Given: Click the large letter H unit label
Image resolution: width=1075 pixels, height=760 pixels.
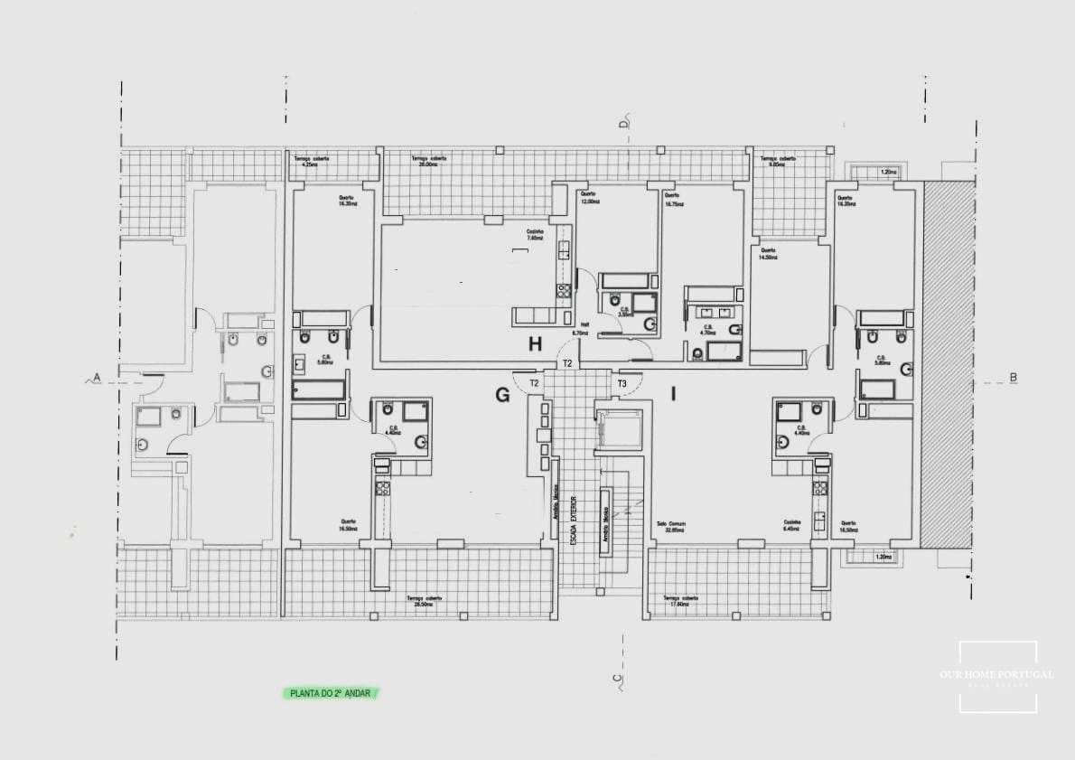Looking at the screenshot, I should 536,343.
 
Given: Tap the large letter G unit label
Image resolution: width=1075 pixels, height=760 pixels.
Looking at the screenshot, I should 502,394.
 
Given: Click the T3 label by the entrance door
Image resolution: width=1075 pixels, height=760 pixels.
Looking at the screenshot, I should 622,384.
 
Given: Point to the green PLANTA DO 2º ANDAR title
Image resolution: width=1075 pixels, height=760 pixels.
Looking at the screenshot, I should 329,693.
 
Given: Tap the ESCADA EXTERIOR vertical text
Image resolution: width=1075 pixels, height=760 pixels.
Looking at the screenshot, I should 573,525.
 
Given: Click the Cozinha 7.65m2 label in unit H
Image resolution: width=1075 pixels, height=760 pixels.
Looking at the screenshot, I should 536,235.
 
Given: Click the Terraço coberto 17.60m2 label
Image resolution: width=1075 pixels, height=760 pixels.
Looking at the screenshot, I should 681,601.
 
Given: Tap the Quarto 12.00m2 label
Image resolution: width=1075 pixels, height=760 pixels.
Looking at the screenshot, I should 590,199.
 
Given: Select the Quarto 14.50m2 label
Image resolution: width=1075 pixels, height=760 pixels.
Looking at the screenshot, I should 769,254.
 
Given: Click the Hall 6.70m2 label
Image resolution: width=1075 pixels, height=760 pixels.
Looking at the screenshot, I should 579,330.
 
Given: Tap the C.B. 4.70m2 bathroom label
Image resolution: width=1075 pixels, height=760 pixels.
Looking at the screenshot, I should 707,329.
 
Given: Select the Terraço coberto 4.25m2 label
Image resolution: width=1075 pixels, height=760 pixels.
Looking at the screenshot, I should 312,162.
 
